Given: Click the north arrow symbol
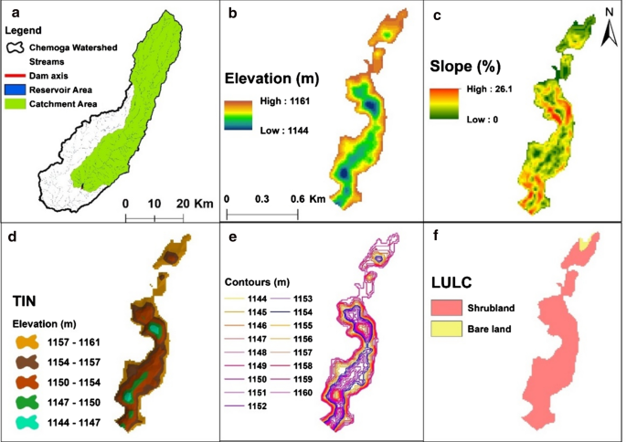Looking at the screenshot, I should pyautogui.click(x=608, y=36).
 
